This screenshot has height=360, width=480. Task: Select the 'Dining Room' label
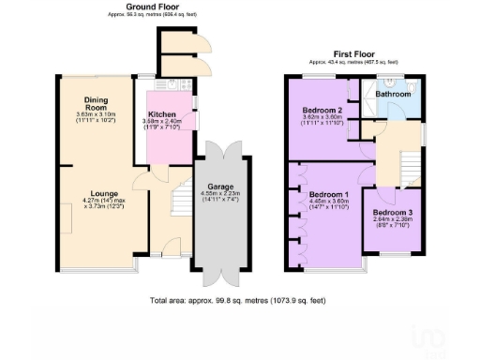click(x=94, y=103)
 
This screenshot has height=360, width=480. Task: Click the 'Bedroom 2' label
click(x=320, y=110)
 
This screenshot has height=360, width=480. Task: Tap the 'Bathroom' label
click(x=393, y=94)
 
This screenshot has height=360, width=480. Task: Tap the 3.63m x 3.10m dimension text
click(x=94, y=115)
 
